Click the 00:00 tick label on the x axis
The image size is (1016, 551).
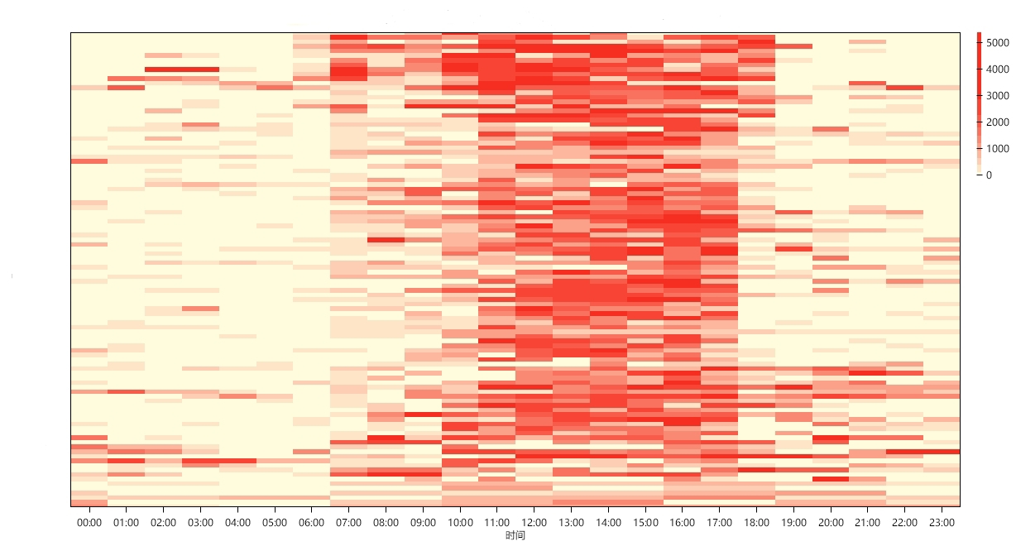[x=89, y=523]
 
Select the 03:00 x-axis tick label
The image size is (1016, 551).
[x=200, y=523]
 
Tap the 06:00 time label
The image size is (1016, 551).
[x=311, y=523]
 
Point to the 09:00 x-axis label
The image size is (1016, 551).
[x=423, y=523]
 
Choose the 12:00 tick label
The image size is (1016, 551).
[x=534, y=523]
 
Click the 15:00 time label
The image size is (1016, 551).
[x=645, y=523]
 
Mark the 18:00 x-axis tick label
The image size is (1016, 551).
[x=757, y=523]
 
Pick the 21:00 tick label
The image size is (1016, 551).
[x=868, y=523]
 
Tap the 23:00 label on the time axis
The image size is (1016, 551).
[x=942, y=523]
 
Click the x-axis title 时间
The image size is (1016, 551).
[x=515, y=536]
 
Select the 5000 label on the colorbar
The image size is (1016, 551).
[x=998, y=43]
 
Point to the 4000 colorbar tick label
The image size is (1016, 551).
[x=998, y=69]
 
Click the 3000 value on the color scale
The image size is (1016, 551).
[x=998, y=96]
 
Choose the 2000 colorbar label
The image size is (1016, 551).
[x=998, y=122]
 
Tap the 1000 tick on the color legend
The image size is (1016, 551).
[x=998, y=149]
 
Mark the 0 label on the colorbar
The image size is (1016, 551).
[x=990, y=175]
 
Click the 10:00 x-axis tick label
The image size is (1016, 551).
[x=460, y=523]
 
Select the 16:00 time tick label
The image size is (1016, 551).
[x=683, y=523]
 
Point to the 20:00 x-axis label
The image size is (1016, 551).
[x=831, y=523]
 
